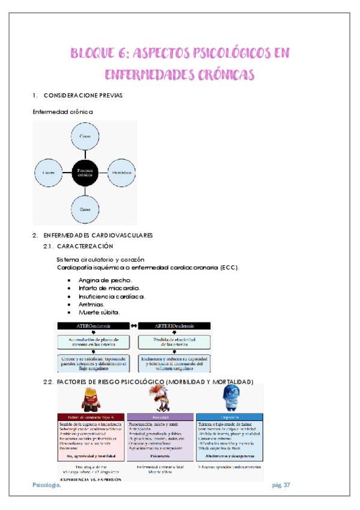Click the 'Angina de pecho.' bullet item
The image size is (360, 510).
tap(105, 280)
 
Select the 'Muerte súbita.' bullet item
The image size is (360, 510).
tap(99, 312)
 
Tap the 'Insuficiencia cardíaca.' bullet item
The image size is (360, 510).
tap(112, 296)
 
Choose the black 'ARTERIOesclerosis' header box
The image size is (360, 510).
tap(174, 326)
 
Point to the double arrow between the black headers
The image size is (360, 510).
tap(134, 326)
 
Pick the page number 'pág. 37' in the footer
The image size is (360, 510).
tap(281, 485)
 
